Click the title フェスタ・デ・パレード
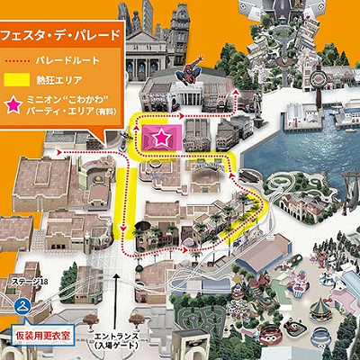pos(58,36)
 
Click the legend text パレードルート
pos(67,60)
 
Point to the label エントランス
pos(116,337)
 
